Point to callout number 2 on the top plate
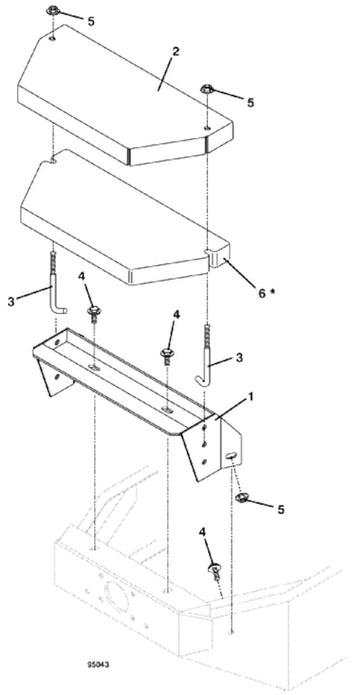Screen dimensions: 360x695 coord(175,51)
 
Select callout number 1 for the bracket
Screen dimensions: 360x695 coord(251,396)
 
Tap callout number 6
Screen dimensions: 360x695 coord(262,293)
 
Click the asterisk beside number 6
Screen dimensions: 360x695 coord(272,290)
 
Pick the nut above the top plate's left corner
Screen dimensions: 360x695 coord(52,10)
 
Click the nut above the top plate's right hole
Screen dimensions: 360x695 coord(207,89)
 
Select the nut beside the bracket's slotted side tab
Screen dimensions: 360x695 coord(242,499)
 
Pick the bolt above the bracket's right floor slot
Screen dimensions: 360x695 coord(166,356)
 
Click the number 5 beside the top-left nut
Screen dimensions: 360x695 coord(91,21)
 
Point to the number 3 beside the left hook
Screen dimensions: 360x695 coord(11,303)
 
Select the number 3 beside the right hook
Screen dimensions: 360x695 coord(240,357)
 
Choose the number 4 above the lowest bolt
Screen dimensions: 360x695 coord(204,531)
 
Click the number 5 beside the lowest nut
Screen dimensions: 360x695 coord(280,509)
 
